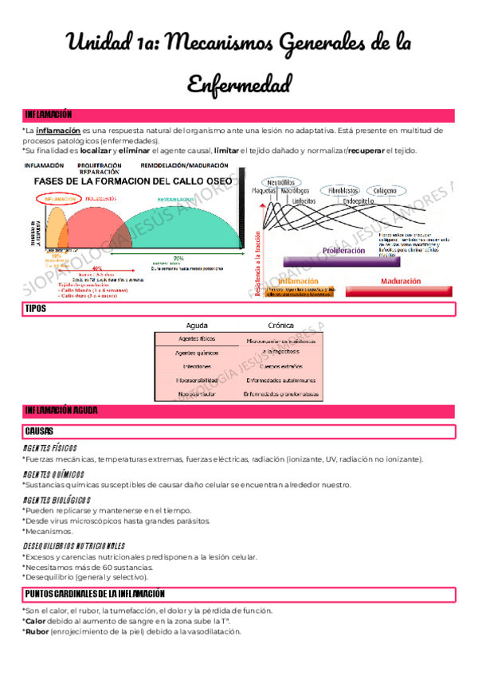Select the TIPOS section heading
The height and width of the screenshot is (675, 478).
tap(36, 308)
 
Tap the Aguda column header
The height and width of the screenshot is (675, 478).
tap(197, 326)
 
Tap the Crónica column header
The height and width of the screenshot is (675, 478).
tap(281, 326)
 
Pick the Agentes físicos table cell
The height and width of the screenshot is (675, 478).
tap(197, 339)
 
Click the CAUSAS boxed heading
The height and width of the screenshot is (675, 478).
tap(39, 431)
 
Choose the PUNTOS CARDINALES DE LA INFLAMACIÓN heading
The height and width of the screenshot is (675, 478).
tap(95, 594)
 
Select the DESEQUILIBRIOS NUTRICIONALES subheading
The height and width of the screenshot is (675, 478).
tap(73, 546)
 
